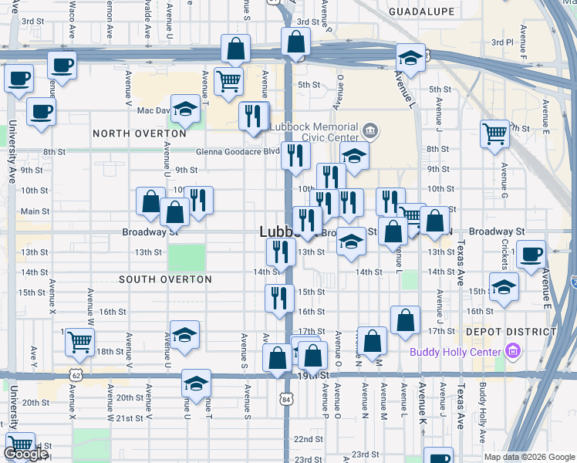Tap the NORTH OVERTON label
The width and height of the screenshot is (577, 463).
[x=140, y=133]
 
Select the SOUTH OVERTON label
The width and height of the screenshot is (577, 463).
[x=165, y=279]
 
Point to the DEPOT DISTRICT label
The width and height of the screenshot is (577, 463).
[x=511, y=332]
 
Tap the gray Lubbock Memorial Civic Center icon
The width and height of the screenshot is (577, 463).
[x=370, y=130]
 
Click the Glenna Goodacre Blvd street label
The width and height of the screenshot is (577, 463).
[x=237, y=152]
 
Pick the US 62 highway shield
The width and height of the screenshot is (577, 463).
[x=76, y=374]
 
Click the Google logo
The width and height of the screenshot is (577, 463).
[x=25, y=455]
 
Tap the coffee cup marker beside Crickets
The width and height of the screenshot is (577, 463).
[x=530, y=254]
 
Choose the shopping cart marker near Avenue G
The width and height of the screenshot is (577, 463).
[x=494, y=133]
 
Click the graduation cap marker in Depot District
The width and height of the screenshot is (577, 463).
[x=504, y=286]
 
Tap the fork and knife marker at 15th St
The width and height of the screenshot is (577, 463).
[x=279, y=297]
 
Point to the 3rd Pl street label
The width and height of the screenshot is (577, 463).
[x=502, y=42]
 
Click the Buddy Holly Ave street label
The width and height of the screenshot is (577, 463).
[x=484, y=424]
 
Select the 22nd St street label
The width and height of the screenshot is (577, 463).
[x=308, y=439]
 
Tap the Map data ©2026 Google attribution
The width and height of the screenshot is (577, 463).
[x=530, y=457]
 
